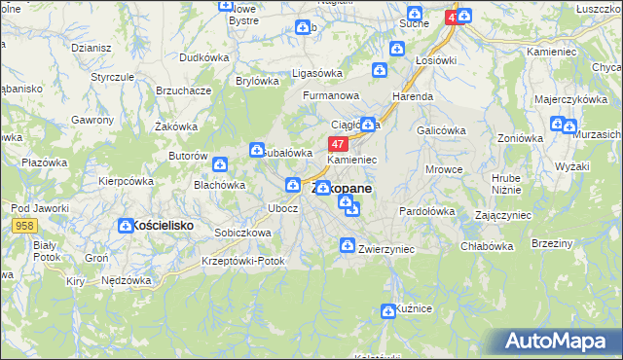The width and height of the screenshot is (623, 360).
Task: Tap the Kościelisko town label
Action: tap(163, 225)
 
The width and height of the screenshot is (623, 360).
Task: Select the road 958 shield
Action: tap(26, 225)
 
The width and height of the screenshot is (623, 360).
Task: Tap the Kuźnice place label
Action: tap(414, 308)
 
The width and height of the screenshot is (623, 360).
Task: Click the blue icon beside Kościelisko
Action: tap(126, 226)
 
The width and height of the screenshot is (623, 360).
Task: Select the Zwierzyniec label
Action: tap(386, 249)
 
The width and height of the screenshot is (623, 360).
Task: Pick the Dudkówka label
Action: tap(203, 57)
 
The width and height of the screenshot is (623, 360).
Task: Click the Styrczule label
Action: tap(112, 76)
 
